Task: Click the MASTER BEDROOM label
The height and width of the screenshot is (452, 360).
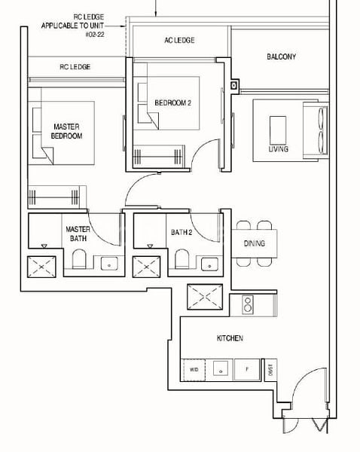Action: click(68, 131)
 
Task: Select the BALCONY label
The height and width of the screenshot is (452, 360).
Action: click(281, 56)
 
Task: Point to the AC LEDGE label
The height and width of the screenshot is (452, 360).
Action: click(179, 41)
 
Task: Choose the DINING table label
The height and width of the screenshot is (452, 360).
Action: click(254, 243)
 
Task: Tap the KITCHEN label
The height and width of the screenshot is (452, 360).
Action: click(230, 339)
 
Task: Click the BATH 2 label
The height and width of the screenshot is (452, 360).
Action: click(182, 233)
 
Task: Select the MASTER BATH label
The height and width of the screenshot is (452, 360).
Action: click(78, 234)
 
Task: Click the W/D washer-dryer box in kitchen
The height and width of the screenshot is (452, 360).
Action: click(194, 370)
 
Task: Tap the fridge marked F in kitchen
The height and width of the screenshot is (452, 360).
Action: click(246, 370)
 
